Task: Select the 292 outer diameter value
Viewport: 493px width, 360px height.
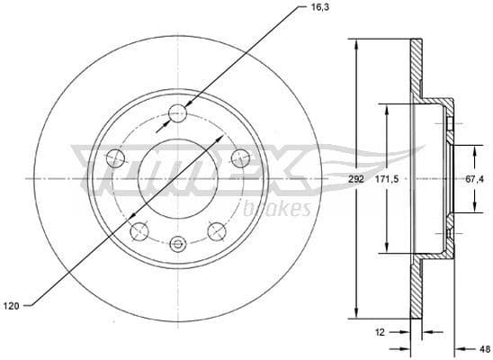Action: [356, 179]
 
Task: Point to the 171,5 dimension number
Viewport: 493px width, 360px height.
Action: [388, 179]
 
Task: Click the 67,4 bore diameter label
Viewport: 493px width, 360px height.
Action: [471, 179]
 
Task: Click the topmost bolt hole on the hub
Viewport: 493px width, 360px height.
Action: [178, 112]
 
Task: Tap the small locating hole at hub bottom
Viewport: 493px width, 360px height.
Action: [178, 242]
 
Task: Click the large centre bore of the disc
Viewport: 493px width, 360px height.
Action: [178, 177]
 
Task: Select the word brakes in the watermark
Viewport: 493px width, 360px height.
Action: [277, 210]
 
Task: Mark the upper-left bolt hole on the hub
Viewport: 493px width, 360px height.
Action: [115, 158]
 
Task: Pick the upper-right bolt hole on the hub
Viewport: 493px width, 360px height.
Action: [240, 158]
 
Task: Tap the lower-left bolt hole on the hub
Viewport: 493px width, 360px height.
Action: [139, 232]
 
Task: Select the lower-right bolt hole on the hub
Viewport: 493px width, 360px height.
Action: [216, 232]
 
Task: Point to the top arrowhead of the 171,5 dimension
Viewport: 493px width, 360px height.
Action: [388, 106]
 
